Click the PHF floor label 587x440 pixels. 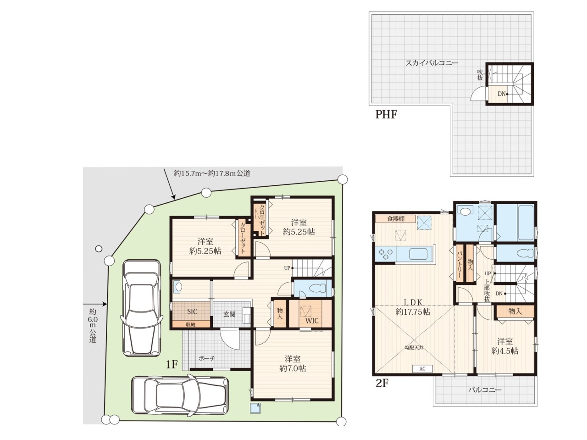tap(386, 115)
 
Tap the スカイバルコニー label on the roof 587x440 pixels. tap(432, 63)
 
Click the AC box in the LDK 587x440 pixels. tap(422, 368)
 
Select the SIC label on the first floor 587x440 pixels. tap(192, 312)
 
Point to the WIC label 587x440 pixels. tap(312, 321)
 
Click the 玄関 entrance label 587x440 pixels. tap(229, 314)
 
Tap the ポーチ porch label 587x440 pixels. tap(207, 358)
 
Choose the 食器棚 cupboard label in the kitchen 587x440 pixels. tap(396, 219)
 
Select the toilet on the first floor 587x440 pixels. tap(317, 288)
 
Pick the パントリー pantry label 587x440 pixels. tap(460, 264)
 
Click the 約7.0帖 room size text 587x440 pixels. tap(293, 368)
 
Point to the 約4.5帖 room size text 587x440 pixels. tap(505, 351)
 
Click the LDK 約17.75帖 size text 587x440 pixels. tap(413, 312)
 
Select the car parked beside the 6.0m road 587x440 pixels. tap(141, 308)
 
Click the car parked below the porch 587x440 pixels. tap(180, 395)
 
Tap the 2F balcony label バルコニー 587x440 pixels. tap(485, 390)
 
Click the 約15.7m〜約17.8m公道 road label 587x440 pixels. tap(212, 173)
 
